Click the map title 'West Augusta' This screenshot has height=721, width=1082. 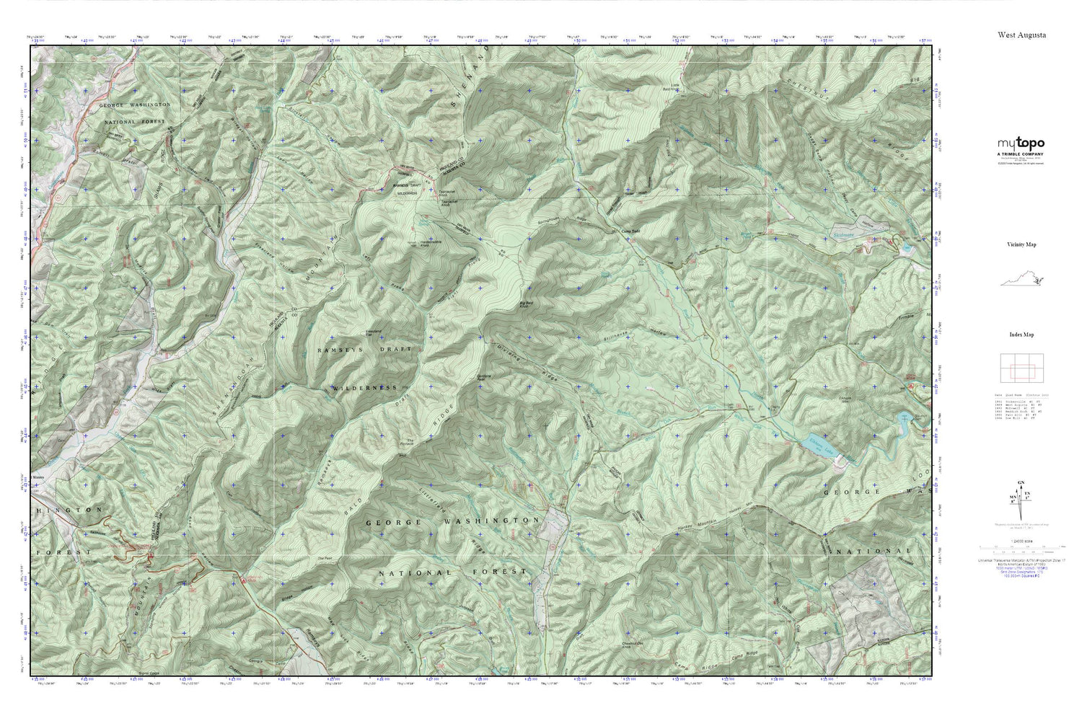(1021, 35)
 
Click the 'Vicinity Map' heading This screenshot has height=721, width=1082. (1021, 244)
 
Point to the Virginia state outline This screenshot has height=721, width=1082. (1022, 280)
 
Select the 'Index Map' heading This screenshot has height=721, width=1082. (1021, 335)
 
